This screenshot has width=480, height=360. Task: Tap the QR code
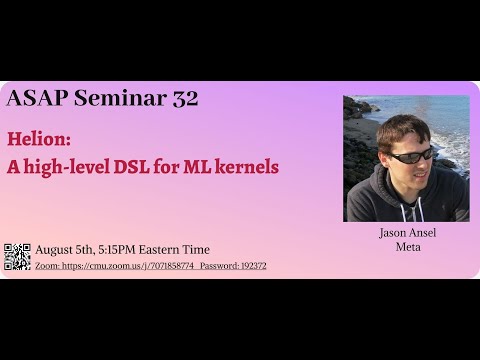point(18,256)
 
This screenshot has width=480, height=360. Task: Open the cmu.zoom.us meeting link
point(115,266)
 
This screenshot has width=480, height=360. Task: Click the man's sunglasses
point(410,155)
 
